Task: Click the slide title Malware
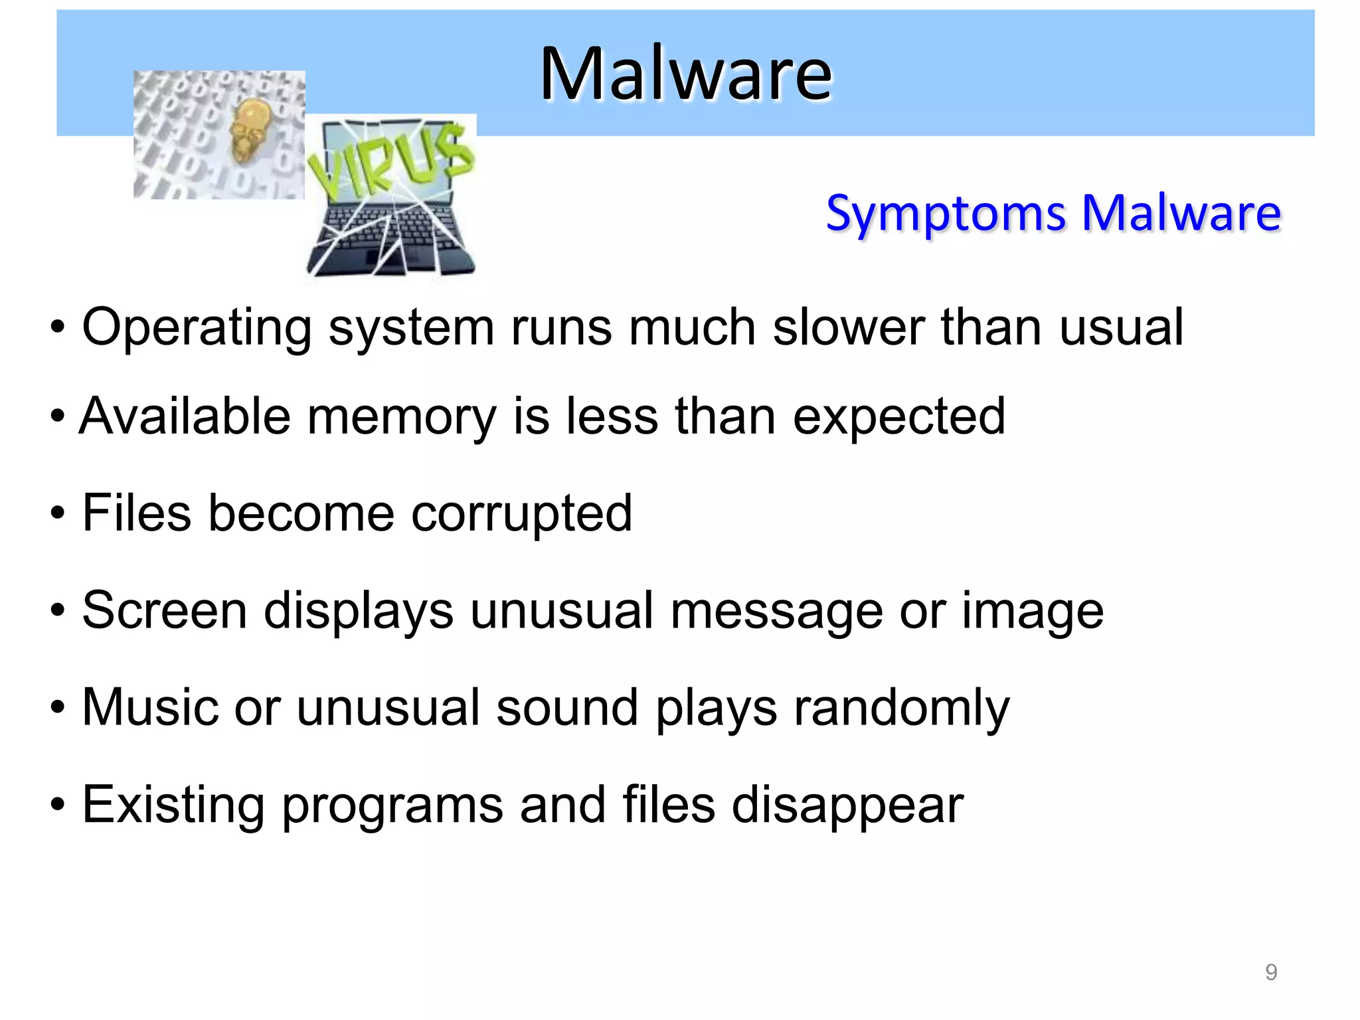pos(685,74)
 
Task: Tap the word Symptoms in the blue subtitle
pos(946,214)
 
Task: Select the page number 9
pos(1270,972)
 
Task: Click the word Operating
pos(197,327)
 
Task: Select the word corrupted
pos(521,514)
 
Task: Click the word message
pos(776,612)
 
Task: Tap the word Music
pos(149,707)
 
